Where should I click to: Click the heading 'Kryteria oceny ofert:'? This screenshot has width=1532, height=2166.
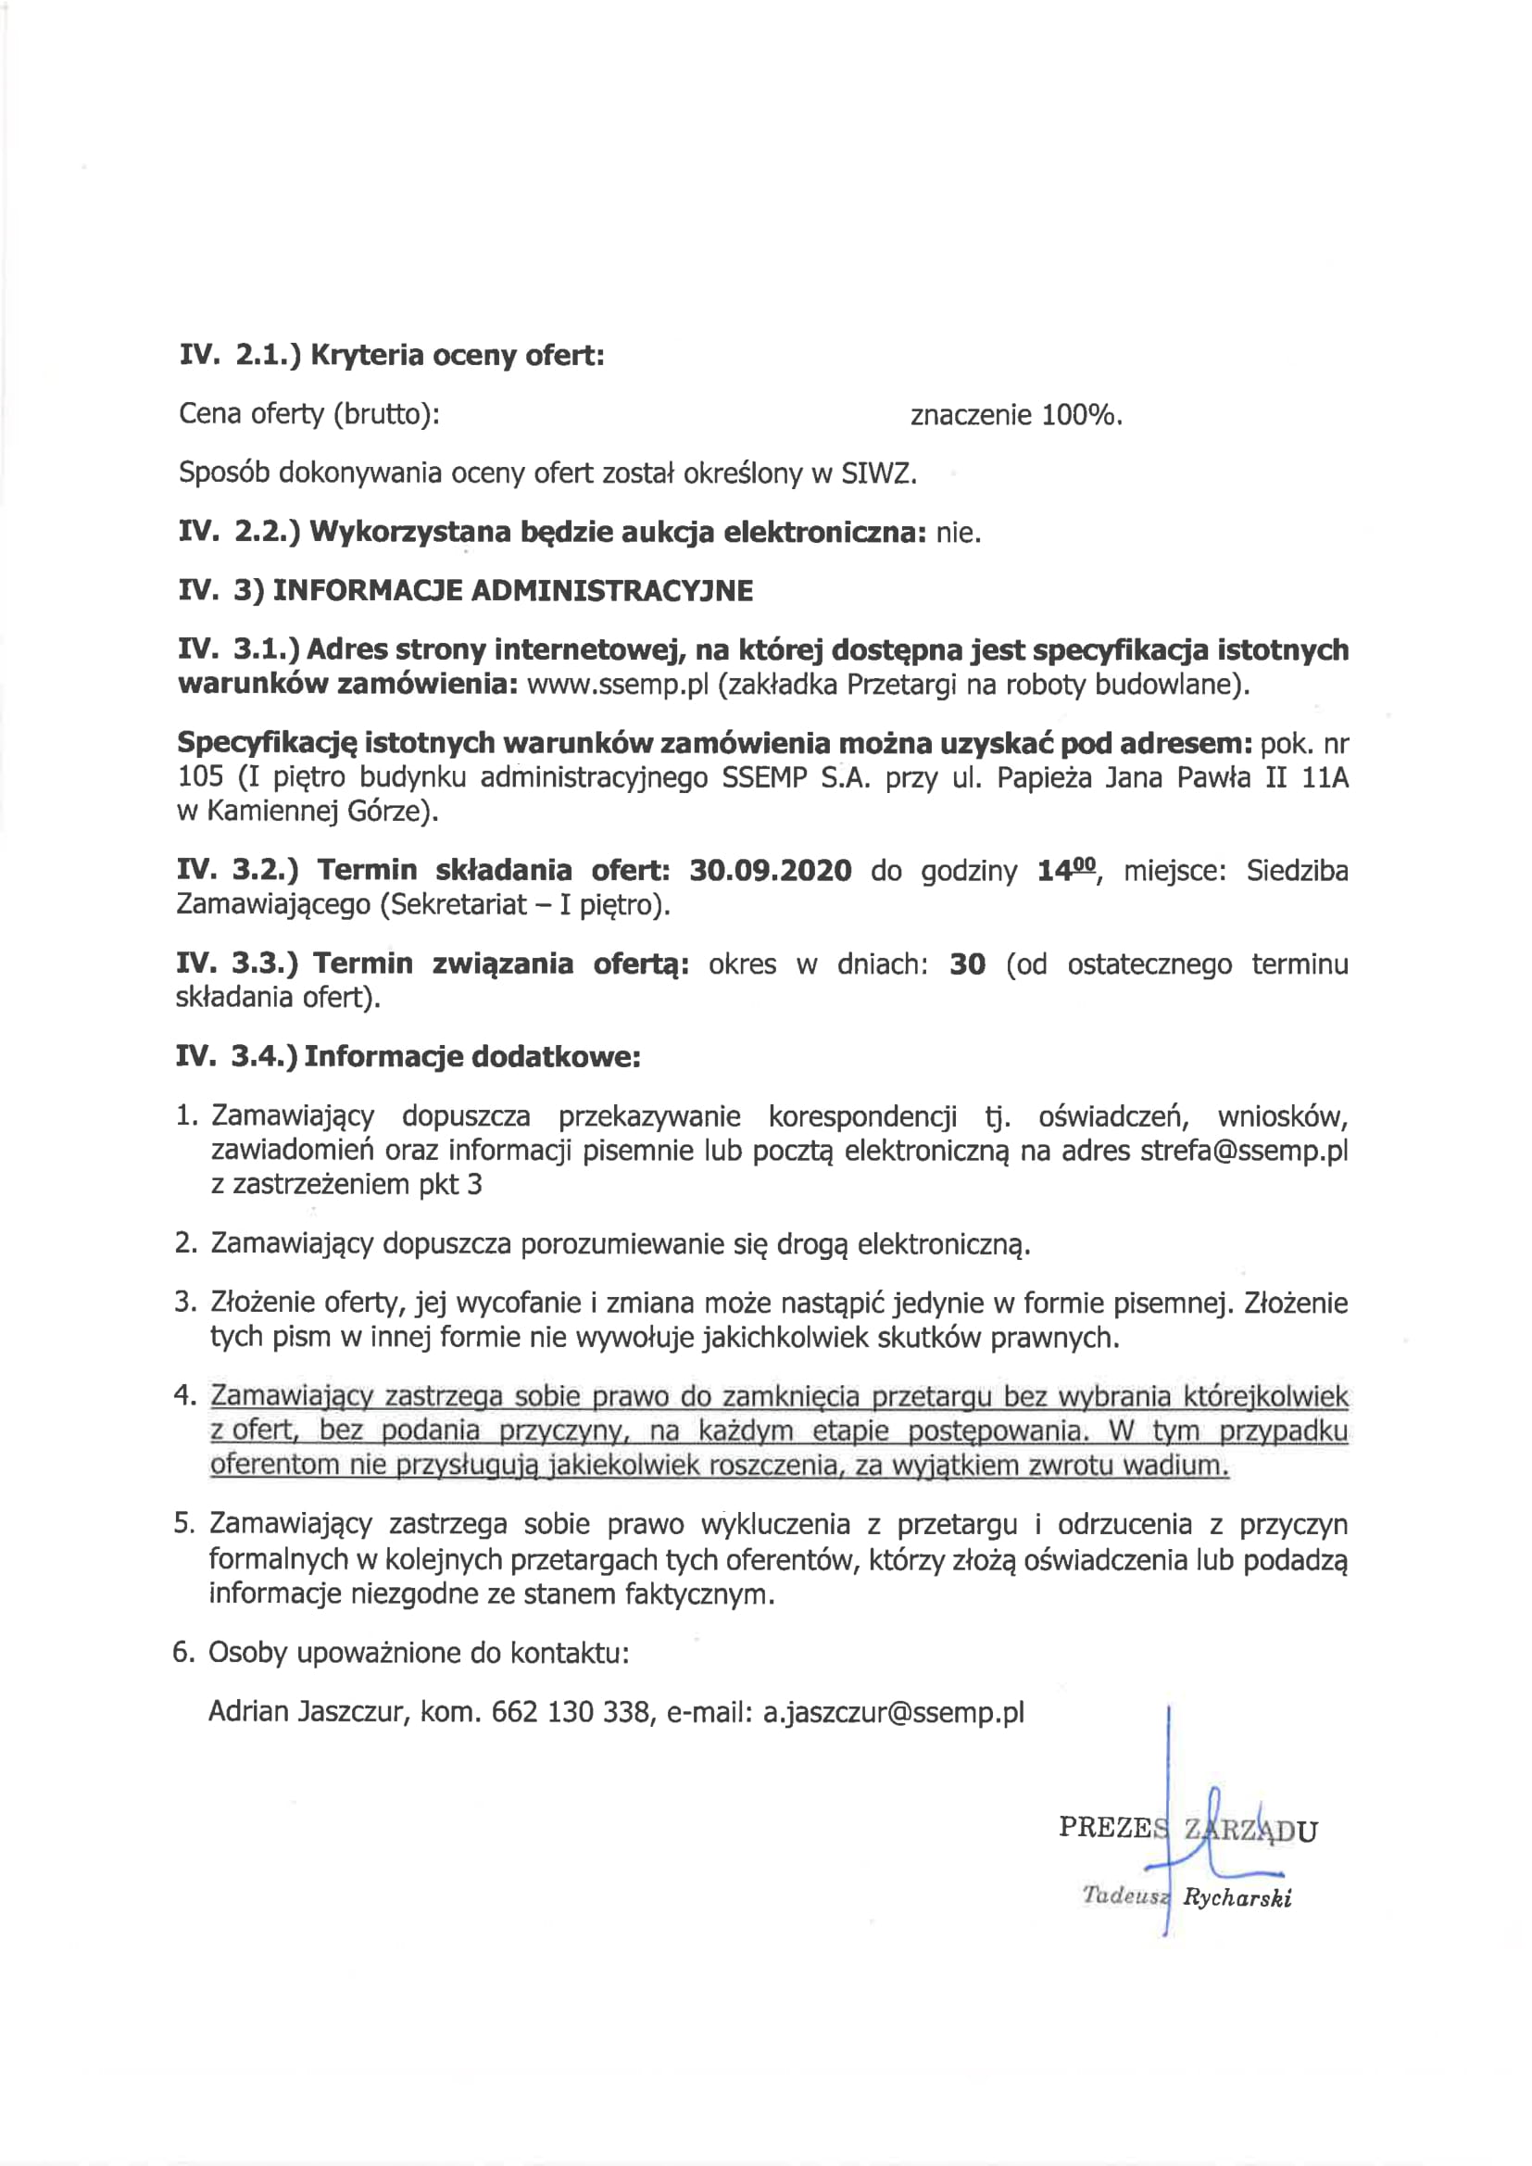tap(457, 356)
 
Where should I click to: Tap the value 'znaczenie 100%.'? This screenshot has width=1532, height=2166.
tap(1016, 415)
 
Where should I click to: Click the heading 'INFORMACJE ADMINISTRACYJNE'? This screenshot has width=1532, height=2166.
tap(512, 590)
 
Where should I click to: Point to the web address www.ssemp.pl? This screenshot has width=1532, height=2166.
tap(617, 683)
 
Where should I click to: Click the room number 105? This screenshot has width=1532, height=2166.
tap(200, 776)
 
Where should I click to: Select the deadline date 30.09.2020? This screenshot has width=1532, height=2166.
tap(770, 870)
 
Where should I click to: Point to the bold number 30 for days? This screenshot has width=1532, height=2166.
tap(967, 964)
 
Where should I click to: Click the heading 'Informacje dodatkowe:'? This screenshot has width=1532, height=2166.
tap(471, 1055)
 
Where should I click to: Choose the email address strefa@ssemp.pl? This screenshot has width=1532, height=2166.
tap(1243, 1151)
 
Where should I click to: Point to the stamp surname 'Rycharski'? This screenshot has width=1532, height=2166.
tap(1237, 1897)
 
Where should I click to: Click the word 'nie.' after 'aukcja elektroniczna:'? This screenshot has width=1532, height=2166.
tap(959, 533)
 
